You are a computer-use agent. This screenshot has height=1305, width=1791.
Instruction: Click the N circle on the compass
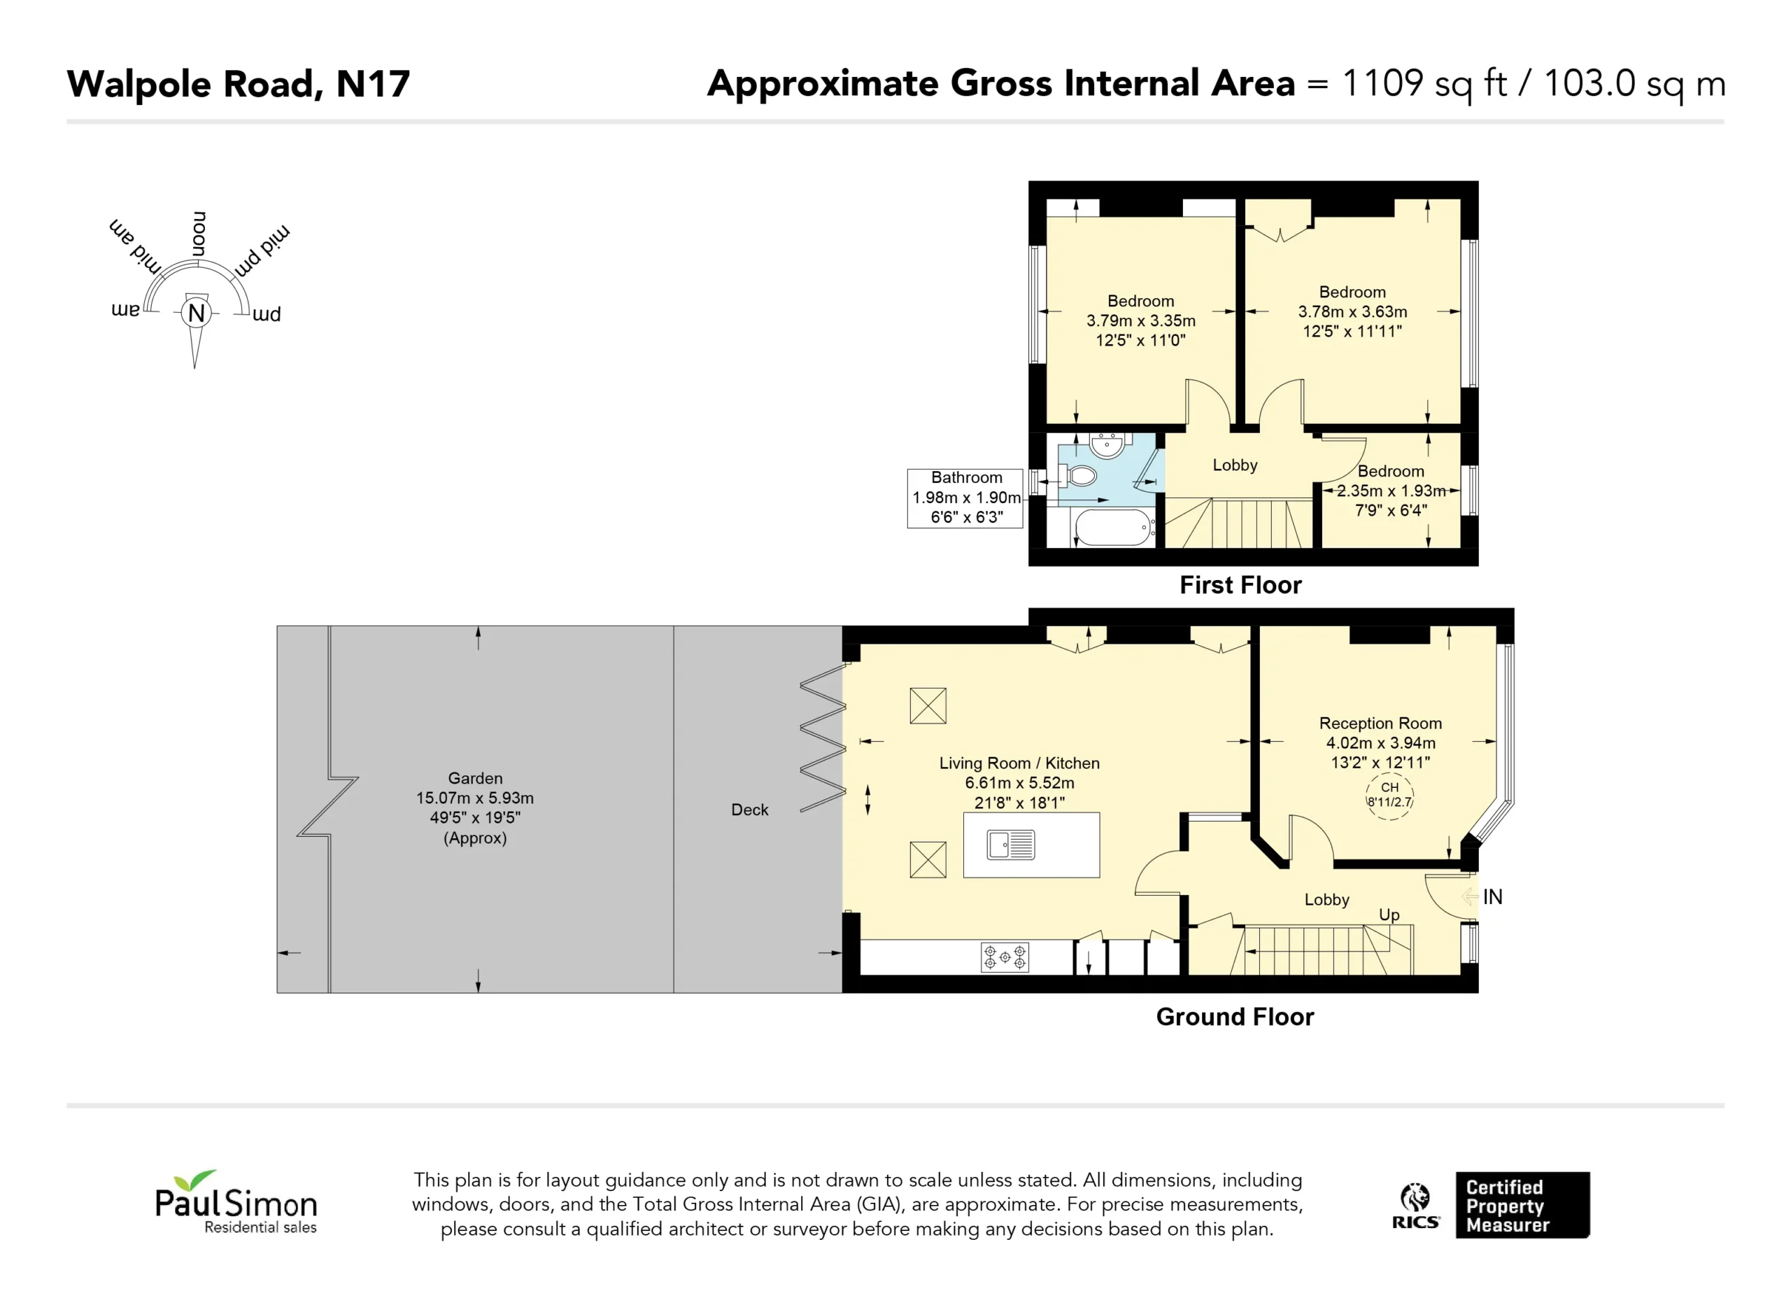pyautogui.click(x=197, y=313)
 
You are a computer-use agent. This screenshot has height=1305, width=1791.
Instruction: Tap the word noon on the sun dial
pyautogui.click(x=199, y=234)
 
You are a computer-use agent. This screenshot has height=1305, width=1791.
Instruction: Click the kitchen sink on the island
pyautogui.click(x=1010, y=845)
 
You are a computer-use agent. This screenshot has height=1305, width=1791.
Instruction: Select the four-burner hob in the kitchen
pyautogui.click(x=1005, y=957)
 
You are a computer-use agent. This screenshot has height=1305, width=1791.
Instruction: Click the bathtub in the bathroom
pyautogui.click(x=1112, y=527)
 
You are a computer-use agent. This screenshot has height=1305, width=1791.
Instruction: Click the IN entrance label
pyautogui.click(x=1492, y=896)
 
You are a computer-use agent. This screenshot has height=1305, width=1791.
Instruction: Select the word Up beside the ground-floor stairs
pyautogui.click(x=1389, y=915)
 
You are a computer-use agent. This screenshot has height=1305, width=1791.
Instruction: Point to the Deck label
pyautogui.click(x=749, y=810)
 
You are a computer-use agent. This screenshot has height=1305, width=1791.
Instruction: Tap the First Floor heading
pyautogui.click(x=1240, y=584)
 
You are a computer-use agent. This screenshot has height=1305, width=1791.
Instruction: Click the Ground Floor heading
pyautogui.click(x=1235, y=1017)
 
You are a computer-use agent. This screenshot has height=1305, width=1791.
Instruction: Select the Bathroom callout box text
pyautogui.click(x=965, y=498)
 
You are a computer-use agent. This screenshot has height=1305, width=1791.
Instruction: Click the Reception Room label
pyautogui.click(x=1380, y=723)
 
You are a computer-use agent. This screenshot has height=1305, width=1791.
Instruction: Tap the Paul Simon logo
pyautogui.click(x=235, y=1201)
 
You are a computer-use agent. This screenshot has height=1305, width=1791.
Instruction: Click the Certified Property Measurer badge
pyautogui.click(x=1522, y=1206)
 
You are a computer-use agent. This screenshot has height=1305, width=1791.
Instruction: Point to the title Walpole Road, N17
pyautogui.click(x=239, y=84)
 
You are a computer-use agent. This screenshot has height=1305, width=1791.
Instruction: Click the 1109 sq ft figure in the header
pyautogui.click(x=1424, y=84)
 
